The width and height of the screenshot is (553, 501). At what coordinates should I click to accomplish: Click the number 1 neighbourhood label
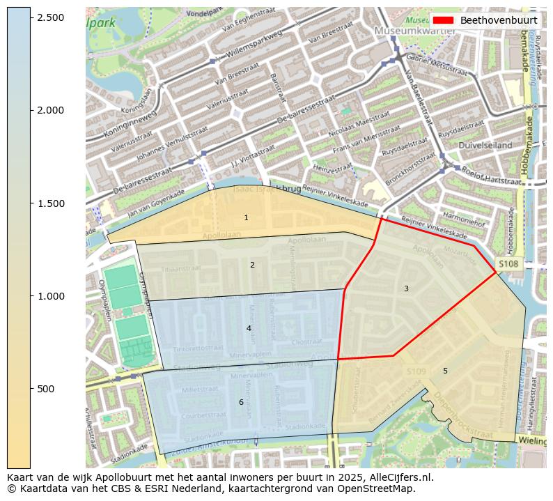[246, 218]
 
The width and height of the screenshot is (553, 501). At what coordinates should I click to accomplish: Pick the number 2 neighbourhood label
[252, 265]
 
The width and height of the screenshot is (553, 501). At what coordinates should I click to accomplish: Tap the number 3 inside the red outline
[406, 288]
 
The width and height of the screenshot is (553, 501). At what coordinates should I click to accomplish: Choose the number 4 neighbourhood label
[249, 328]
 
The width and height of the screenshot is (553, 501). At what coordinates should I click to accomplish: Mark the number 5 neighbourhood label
[445, 371]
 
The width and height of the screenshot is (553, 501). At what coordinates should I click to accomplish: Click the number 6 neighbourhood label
[241, 402]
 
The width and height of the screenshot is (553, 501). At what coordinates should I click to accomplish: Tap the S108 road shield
[508, 264]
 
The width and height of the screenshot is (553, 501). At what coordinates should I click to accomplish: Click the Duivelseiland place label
[485, 145]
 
